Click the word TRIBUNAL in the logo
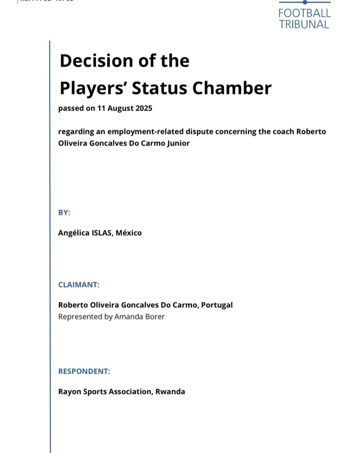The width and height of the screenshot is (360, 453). pos(304,24)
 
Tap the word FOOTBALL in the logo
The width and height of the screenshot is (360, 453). pos(304,13)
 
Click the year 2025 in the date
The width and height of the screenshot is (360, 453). pos(142,108)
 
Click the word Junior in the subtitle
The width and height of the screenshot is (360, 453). pos(176,143)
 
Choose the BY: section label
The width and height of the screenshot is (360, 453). pos(64,212)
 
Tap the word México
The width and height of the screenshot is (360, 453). pos(129,233)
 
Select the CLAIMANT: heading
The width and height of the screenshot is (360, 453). pos(79,284)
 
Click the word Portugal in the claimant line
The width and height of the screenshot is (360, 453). pos(217,305)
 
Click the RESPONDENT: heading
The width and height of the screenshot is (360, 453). pos(84,371)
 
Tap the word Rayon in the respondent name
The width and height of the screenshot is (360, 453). pos(69,392)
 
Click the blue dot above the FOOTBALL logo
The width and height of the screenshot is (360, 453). pos(305,2)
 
